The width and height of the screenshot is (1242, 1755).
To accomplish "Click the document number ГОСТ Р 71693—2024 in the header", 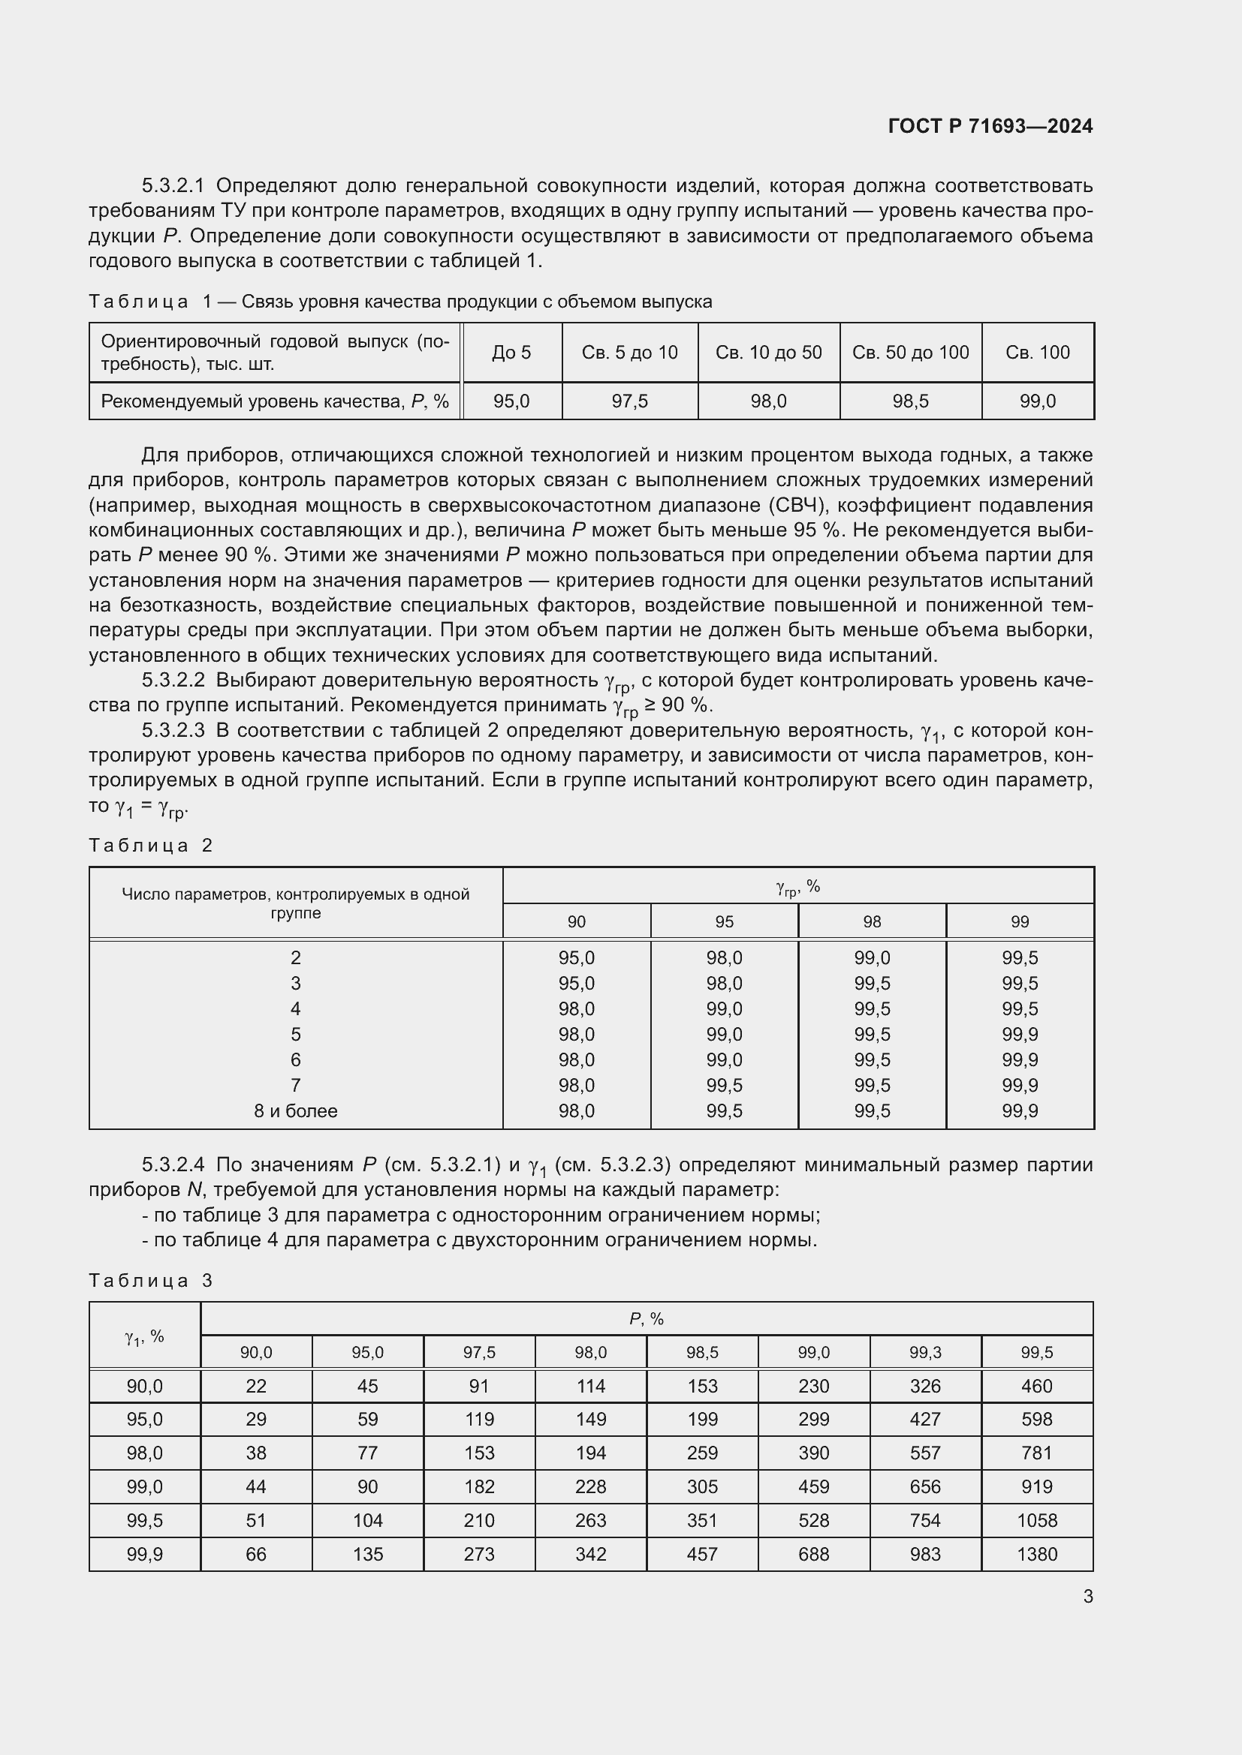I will click(990, 126).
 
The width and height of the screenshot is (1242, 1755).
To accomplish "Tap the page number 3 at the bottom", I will click(1087, 1596).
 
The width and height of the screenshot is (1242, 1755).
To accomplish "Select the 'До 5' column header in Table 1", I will click(511, 353).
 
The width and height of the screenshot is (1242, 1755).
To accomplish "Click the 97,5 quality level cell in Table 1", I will click(629, 401).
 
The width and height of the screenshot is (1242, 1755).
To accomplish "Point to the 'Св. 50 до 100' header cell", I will click(910, 353).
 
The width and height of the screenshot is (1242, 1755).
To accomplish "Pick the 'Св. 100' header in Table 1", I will click(1037, 353).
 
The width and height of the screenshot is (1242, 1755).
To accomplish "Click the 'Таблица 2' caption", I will click(151, 846).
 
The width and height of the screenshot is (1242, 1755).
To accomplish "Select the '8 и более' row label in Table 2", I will click(295, 1110).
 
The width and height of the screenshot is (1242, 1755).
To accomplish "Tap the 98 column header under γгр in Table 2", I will click(872, 922).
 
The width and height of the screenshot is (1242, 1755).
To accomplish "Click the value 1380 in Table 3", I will click(1036, 1554).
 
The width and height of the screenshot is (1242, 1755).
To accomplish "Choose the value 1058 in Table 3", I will click(1036, 1520).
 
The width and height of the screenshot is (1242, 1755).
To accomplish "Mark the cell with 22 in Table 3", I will click(255, 1386).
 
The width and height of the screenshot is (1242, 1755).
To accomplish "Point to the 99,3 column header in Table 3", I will click(924, 1352).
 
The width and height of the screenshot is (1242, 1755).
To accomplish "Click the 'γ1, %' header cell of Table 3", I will click(144, 1336).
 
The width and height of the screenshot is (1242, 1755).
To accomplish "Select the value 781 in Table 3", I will click(1036, 1453).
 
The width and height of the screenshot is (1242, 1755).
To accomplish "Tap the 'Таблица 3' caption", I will click(151, 1280).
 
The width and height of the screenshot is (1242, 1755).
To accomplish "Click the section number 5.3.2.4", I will click(173, 1165).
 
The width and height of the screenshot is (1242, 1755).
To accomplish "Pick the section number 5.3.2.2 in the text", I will click(173, 681).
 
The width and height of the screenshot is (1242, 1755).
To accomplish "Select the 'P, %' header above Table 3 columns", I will click(647, 1318).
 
